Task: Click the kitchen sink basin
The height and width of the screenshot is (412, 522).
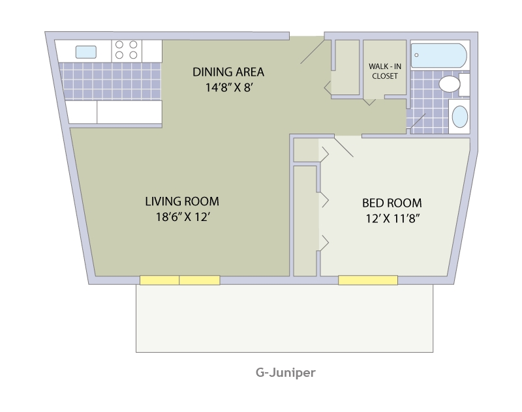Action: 86,51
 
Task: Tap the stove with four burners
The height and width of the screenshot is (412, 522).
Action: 127,51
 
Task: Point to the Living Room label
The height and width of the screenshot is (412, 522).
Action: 181,201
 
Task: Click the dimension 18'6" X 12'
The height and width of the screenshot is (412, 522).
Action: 181,217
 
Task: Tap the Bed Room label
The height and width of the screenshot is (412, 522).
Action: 391,203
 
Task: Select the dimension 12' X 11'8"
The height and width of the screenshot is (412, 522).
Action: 391,218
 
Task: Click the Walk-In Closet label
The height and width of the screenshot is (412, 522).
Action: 385,71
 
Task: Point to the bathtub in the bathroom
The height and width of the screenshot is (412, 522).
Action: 438,55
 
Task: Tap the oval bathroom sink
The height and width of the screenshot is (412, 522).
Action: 460,117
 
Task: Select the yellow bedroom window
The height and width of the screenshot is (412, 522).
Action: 367,280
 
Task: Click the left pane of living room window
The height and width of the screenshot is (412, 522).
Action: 159,280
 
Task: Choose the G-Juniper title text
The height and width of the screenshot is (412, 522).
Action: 285,374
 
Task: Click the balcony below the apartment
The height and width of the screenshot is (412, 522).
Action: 284,319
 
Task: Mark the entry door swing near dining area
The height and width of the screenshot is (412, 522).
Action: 312,51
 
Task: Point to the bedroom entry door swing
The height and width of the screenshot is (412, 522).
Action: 343,147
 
